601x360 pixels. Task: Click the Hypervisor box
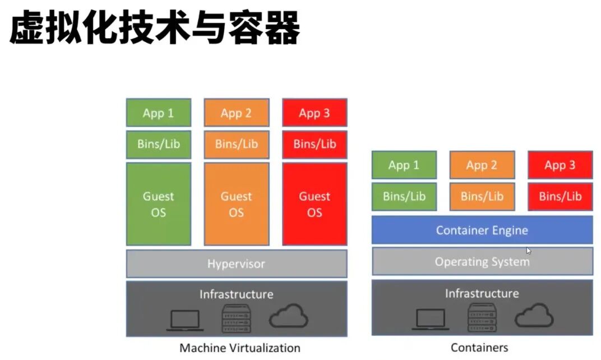[x=237, y=264]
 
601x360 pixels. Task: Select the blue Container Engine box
[x=482, y=230]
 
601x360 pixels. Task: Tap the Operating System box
[x=482, y=261]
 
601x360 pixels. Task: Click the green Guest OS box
[x=158, y=204]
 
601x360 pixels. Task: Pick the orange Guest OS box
[x=237, y=204]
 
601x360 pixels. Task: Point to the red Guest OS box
[x=315, y=204]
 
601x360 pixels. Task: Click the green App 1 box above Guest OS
[x=158, y=113]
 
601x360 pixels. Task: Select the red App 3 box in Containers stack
[x=560, y=165]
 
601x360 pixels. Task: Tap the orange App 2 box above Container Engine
[x=482, y=165]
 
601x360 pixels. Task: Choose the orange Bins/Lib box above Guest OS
[x=237, y=144]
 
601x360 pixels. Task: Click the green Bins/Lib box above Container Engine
[x=404, y=196]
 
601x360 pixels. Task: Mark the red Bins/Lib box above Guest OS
[x=315, y=144]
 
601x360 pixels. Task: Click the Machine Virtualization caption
[x=240, y=348]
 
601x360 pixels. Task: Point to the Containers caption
[x=479, y=348]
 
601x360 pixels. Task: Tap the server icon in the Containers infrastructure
[x=482, y=317]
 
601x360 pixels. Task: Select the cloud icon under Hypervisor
[x=289, y=316]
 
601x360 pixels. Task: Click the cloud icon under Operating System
[x=534, y=315]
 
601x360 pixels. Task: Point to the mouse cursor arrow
[x=529, y=251]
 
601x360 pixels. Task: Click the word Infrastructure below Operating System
[x=482, y=293]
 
